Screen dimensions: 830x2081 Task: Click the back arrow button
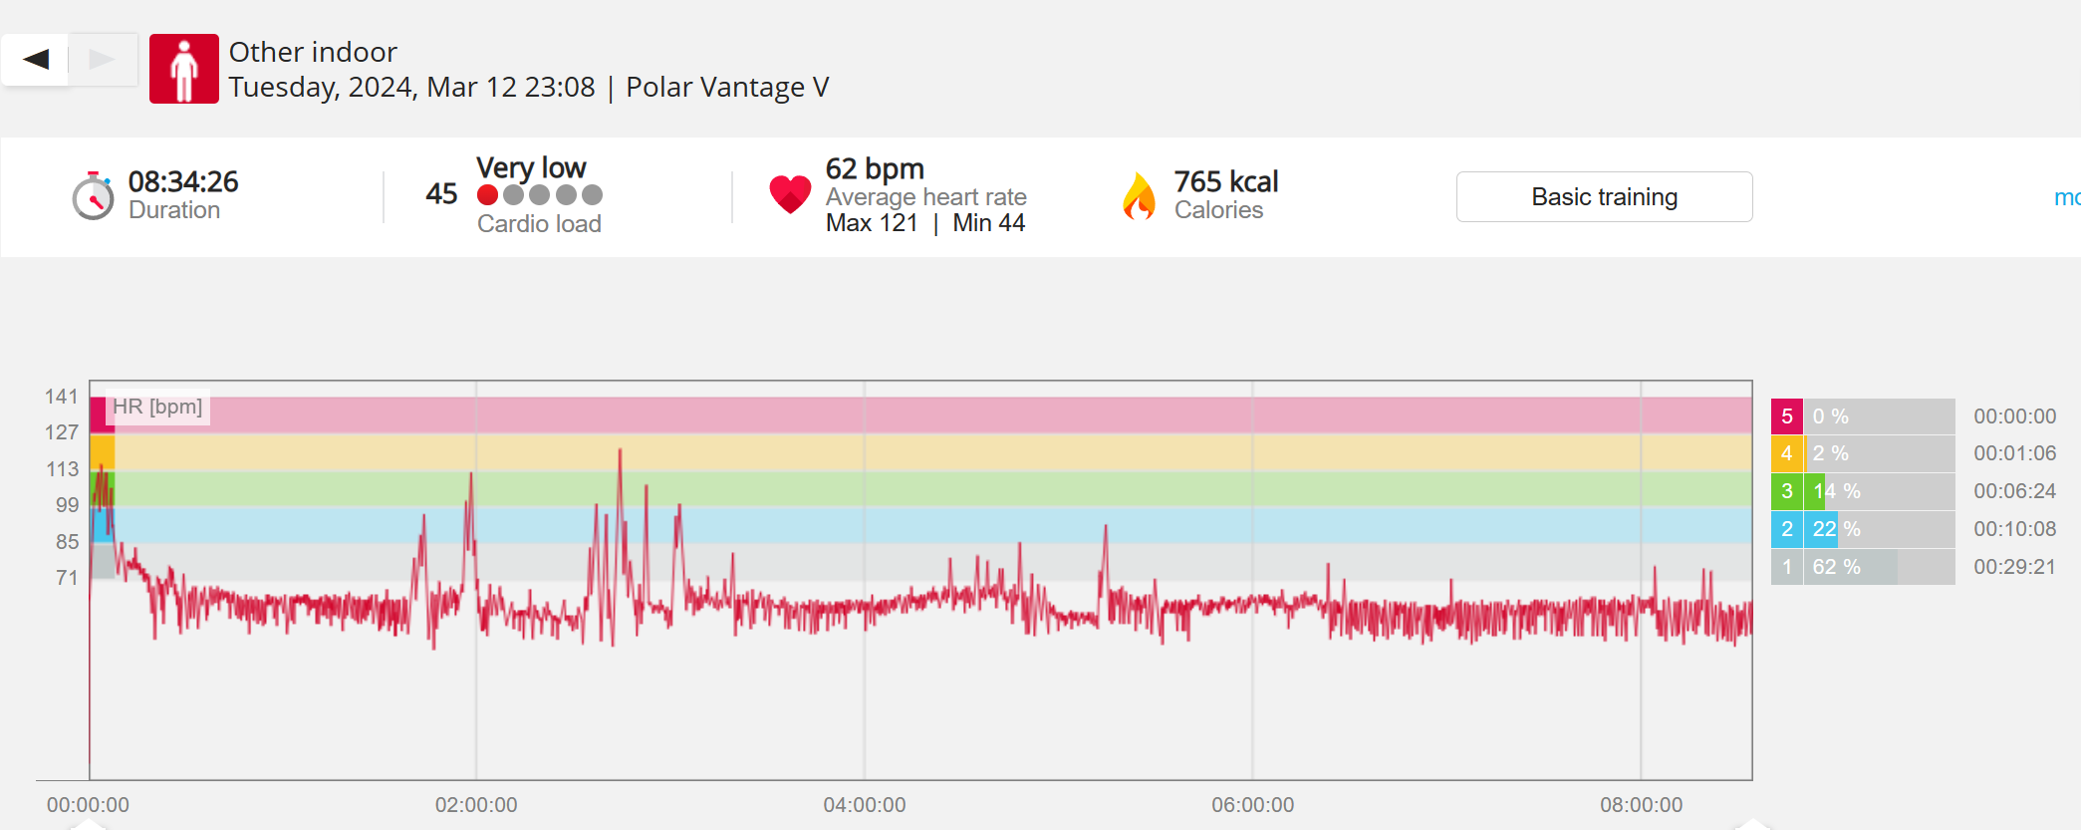(36, 60)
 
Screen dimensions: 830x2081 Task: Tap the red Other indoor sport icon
(183, 69)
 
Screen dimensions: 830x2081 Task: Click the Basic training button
(1604, 197)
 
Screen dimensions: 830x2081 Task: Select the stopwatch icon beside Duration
(93, 195)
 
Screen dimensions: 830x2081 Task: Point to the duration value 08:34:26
(183, 181)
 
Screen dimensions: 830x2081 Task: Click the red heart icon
(790, 194)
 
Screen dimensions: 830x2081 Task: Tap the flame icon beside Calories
(1139, 195)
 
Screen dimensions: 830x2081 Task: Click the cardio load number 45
(441, 193)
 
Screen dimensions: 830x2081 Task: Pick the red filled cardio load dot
(487, 195)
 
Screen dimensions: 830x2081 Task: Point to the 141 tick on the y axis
(62, 397)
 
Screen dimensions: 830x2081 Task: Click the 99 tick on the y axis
(67, 505)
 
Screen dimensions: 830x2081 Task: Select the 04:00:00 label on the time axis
(864, 805)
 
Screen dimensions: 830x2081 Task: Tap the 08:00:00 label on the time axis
(1641, 805)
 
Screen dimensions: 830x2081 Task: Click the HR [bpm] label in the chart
(157, 407)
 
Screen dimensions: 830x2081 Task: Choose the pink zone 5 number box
(1786, 416)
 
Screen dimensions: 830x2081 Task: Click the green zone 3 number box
(1786, 491)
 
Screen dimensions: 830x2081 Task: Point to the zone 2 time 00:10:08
(2014, 529)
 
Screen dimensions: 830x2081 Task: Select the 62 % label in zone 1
(1836, 567)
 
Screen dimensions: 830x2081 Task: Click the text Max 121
(872, 223)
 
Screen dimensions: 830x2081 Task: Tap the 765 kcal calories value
(1225, 181)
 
